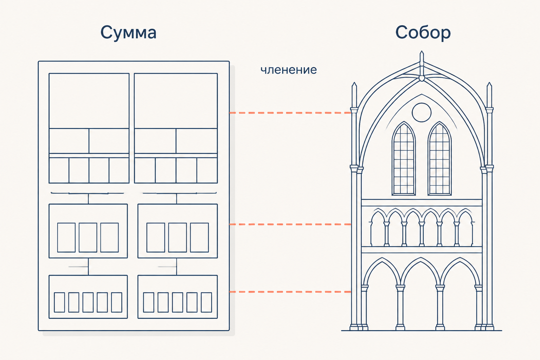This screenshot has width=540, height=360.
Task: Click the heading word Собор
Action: coord(423,33)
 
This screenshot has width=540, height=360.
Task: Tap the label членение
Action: coord(289,70)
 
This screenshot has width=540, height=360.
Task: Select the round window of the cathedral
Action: coord(422,112)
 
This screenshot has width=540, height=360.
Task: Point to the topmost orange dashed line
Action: coord(290,112)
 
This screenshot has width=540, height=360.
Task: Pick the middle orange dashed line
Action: coord(290,224)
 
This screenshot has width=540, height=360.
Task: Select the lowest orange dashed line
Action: coord(290,292)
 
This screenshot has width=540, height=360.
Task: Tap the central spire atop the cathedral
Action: coord(422,59)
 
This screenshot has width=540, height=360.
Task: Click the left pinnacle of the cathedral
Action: coord(354,95)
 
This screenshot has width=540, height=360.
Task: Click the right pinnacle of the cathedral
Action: coord(489,95)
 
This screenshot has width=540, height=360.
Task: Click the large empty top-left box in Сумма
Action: coord(89,101)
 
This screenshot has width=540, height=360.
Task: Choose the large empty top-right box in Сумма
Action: coord(176,101)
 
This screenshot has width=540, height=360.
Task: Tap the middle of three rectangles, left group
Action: coord(88,238)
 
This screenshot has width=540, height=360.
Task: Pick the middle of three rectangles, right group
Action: coord(178,238)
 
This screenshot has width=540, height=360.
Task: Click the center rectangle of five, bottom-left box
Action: coord(88,302)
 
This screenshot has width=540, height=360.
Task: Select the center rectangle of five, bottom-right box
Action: coord(178,302)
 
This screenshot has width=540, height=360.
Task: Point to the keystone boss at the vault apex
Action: coord(422,78)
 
